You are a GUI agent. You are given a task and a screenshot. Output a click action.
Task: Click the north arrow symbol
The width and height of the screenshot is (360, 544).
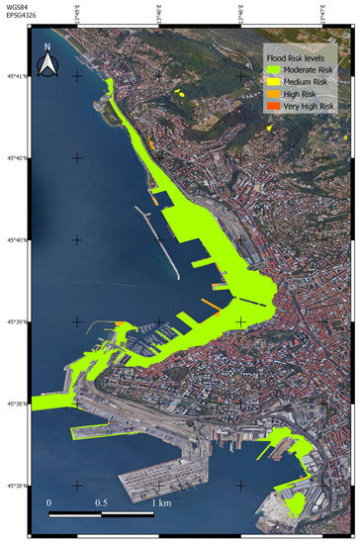[x=46, y=64]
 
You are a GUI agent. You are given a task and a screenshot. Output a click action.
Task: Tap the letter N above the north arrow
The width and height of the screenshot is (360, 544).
[x=46, y=46]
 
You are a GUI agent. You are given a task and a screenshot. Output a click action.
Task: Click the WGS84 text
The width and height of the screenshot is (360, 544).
[x=17, y=7]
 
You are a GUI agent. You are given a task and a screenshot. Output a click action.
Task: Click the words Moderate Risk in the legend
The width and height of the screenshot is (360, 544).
[x=308, y=71]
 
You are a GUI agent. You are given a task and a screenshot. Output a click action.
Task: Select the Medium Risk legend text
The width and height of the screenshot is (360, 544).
[x=306, y=82]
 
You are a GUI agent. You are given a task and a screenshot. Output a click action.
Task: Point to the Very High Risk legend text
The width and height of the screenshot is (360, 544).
[x=309, y=105]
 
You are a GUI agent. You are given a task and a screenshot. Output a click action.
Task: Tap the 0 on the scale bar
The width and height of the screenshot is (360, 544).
[x=49, y=502]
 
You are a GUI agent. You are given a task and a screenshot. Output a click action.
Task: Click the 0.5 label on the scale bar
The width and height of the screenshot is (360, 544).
[x=102, y=502]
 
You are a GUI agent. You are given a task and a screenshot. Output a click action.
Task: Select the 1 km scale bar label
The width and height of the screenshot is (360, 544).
[x=157, y=502]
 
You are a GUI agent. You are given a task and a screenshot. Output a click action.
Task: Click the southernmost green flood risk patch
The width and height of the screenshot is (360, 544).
[x=294, y=506]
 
